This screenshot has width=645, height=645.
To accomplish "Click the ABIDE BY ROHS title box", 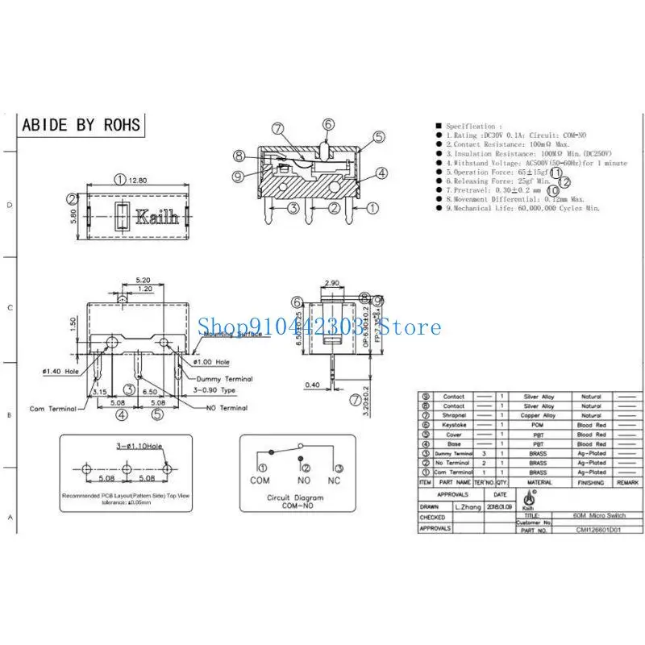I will pyautogui.click(x=80, y=125).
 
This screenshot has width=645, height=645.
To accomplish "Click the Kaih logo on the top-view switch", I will pyautogui.click(x=151, y=217).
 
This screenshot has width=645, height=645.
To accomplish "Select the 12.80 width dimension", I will pyautogui.click(x=139, y=180).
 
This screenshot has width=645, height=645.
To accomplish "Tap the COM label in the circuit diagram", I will pyautogui.click(x=260, y=480).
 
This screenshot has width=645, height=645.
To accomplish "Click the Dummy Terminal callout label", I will pyautogui.click(x=223, y=378).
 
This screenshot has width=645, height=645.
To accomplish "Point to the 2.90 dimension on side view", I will pyautogui.click(x=331, y=284).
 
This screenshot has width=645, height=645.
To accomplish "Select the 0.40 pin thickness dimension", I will pyautogui.click(x=310, y=384).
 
